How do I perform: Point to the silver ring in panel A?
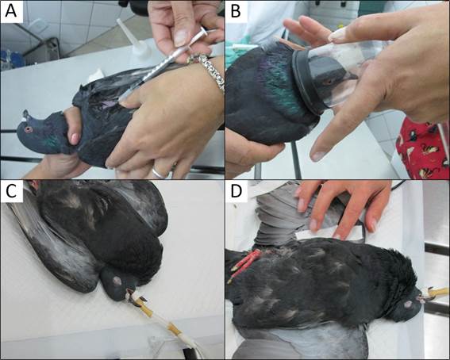[x=160, y=172]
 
